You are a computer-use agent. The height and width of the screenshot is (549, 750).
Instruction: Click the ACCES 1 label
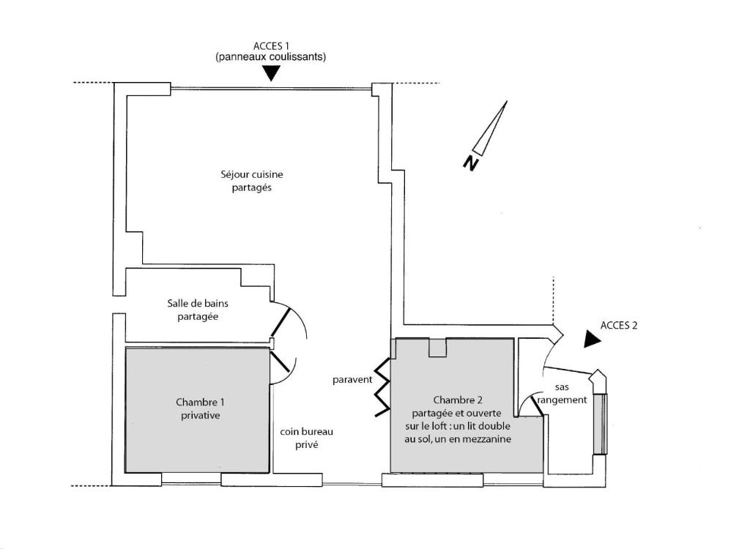[x=271, y=46]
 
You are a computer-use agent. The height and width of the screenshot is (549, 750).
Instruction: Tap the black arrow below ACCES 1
[x=271, y=72]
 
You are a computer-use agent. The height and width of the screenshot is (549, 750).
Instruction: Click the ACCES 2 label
[x=619, y=326]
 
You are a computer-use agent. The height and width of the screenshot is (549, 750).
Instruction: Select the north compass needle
[x=490, y=127]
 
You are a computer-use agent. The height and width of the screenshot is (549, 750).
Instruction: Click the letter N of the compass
[x=471, y=163]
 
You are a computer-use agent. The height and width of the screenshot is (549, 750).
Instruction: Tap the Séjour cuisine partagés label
[x=252, y=182]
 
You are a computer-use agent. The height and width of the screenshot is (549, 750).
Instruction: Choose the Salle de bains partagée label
[x=198, y=310]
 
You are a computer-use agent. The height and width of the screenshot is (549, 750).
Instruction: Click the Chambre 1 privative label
[x=200, y=409]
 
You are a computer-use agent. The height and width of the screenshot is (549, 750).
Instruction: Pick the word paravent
[x=352, y=380]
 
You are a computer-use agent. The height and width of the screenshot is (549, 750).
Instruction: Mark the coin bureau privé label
[x=307, y=438]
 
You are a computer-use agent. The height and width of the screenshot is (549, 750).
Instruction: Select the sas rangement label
[x=562, y=394]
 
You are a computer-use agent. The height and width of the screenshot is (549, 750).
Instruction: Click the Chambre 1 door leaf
[x=280, y=362]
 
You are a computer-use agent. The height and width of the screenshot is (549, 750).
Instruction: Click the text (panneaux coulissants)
[x=271, y=57]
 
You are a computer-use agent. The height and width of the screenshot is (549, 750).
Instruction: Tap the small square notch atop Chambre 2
[x=437, y=347]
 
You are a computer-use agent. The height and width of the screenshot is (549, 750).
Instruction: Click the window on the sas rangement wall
[x=601, y=424]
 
